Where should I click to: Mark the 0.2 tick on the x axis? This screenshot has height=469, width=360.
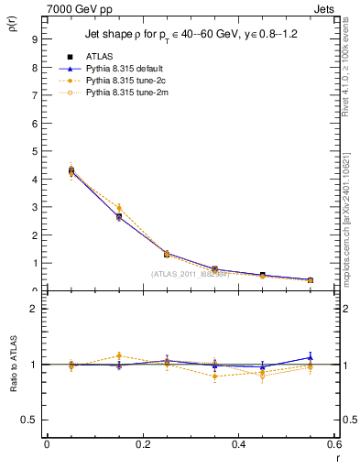pos(143,444)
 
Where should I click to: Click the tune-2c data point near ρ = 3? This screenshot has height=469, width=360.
pos(118,208)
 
